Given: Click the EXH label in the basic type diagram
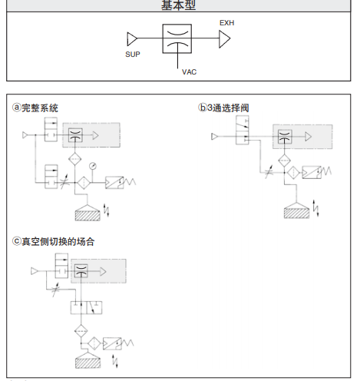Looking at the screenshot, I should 226,23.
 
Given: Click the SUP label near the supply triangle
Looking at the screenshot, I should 133,55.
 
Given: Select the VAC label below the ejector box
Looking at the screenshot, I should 190,71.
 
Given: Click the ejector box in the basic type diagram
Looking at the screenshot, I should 177,38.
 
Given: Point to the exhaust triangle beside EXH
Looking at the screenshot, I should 224,38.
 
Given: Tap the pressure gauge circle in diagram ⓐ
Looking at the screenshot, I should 93,164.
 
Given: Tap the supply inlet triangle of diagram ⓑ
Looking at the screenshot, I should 216,137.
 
